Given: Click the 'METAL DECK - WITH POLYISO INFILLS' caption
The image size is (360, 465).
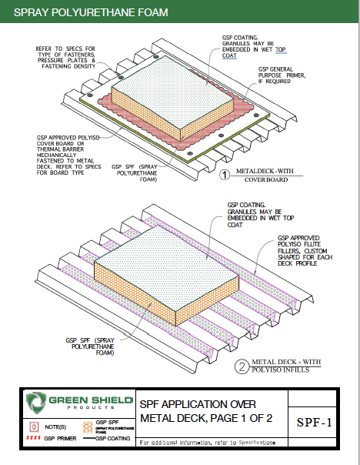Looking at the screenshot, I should (285, 366).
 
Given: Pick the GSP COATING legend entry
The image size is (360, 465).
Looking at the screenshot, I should (115, 438).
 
